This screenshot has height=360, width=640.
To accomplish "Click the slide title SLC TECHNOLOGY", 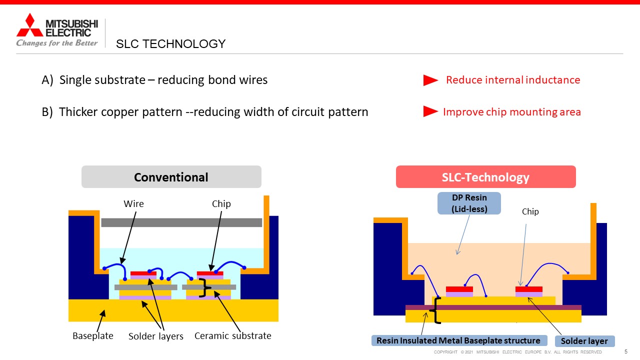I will pos(170,44).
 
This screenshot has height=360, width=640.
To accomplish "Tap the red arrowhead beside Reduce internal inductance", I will pos(430,80).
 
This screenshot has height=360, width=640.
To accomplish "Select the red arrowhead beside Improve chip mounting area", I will pos(430,111).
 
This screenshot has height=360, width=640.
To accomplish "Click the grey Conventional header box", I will pos(171,177).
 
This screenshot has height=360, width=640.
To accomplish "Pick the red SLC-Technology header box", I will pos(485,177).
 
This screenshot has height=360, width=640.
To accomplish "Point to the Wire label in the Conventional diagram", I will pos(133,203).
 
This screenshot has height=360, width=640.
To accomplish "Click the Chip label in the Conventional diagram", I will pos(221,203).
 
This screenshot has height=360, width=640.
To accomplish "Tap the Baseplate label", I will pos(93,335).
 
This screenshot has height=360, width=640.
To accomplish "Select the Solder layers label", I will pos(156,336).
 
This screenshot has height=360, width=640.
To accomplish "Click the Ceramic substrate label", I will pos(232,335).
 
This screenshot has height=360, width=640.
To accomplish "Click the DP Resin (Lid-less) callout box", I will pos(469,203).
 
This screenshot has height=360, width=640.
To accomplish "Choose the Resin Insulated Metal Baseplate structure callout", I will pos(458,340).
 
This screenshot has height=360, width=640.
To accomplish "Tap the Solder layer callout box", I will pos(584,341).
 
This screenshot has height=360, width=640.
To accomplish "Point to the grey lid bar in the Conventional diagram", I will pos(181,222).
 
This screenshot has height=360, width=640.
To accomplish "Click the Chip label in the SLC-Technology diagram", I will pos(530,211).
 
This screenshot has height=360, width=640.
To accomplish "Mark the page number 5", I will pos(626,351).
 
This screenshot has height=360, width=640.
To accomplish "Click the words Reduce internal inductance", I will pos(513,80).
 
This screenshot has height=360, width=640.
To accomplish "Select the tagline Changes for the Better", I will pos(57,43).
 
